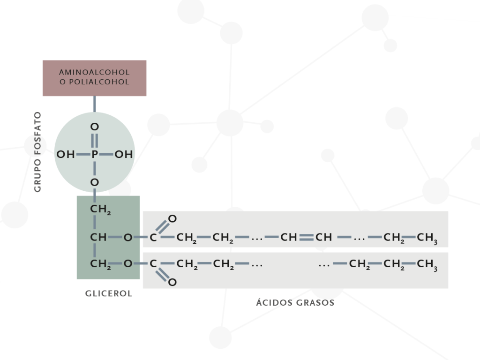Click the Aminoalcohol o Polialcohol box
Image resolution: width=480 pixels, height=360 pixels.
94,78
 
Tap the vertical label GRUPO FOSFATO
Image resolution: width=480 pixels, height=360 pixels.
38,151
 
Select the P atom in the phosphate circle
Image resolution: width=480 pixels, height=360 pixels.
94,154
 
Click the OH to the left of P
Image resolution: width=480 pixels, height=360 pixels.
66,154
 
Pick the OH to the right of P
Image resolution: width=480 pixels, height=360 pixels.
124,154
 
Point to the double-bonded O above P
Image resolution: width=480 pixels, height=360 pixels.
94,127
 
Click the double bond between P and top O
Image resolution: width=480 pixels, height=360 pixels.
94,140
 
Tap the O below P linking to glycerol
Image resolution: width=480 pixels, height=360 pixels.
94,182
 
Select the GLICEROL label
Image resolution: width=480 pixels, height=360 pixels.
109,294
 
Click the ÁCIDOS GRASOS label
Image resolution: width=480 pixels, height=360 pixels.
295,302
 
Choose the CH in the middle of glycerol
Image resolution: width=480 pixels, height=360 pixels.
98,238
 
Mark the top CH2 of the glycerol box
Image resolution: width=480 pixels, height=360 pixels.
100,210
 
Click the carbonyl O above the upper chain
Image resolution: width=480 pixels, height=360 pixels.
172,218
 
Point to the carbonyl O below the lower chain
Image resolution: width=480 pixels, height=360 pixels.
172,282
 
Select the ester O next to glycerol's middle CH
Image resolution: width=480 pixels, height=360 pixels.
127,238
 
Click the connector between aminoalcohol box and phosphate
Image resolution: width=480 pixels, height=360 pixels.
94,104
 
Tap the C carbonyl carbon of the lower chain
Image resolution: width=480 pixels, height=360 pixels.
153,264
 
